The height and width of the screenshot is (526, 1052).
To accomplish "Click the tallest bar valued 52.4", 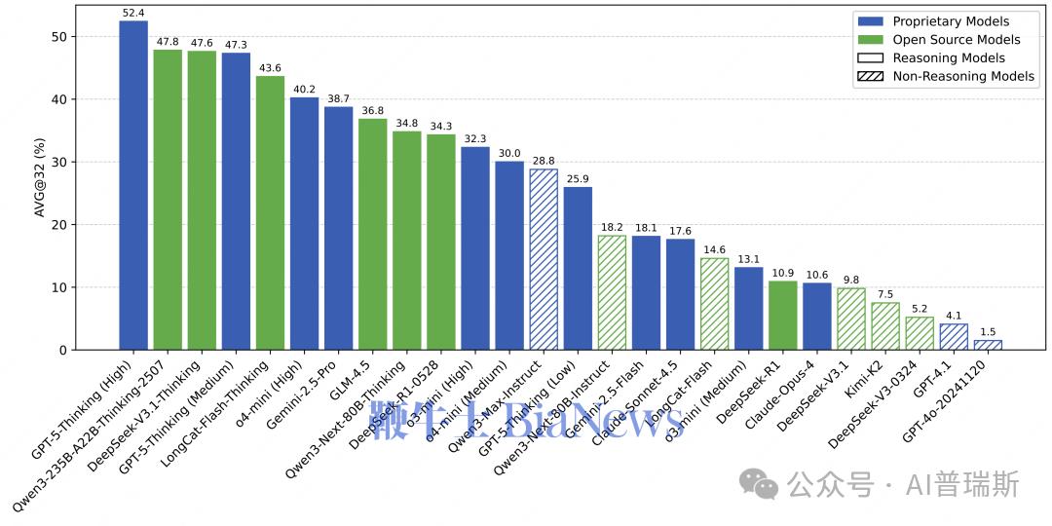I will pos(133,185).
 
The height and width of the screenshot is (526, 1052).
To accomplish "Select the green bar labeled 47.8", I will pos(168,200).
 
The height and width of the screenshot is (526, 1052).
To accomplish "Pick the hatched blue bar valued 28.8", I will pos(544,259).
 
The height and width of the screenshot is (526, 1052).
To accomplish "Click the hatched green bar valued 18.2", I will pos(612,292).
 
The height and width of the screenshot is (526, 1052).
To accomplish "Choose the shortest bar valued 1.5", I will pos(988,345).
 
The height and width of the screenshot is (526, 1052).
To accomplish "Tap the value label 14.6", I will pos(714,250).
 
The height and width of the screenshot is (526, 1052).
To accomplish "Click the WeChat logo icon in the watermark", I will pos(758,483).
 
